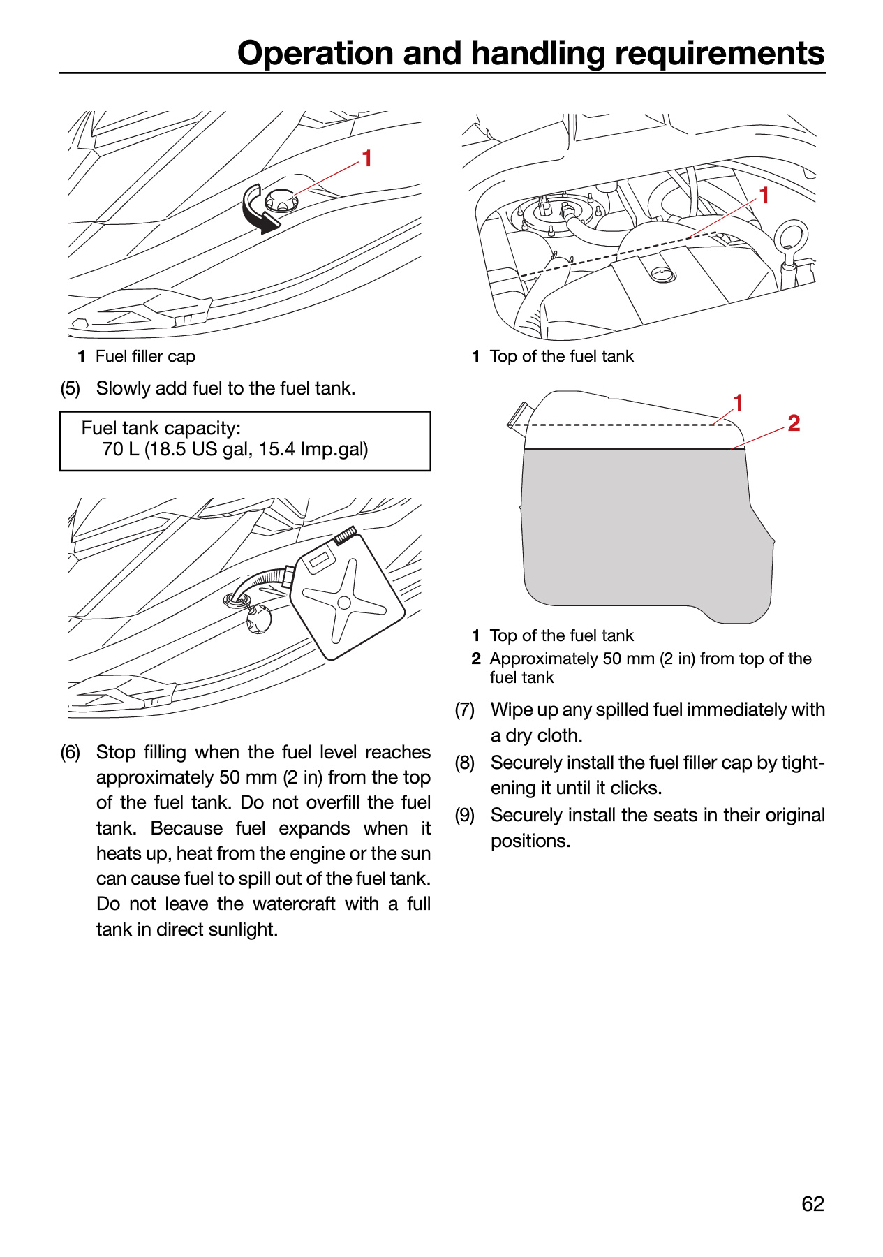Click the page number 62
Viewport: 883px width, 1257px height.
(x=812, y=1204)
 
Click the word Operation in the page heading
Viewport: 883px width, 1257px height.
(x=317, y=54)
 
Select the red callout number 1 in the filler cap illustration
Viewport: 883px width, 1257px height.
(x=367, y=159)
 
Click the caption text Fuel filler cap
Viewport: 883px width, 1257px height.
(x=145, y=356)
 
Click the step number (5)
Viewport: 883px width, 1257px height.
(x=71, y=388)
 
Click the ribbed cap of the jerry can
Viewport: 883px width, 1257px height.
(x=346, y=534)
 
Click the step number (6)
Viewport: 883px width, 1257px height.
(x=71, y=752)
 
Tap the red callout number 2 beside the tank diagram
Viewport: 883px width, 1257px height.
(x=794, y=422)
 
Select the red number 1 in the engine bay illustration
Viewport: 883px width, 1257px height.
(x=764, y=195)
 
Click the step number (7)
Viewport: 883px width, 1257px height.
(x=465, y=710)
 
